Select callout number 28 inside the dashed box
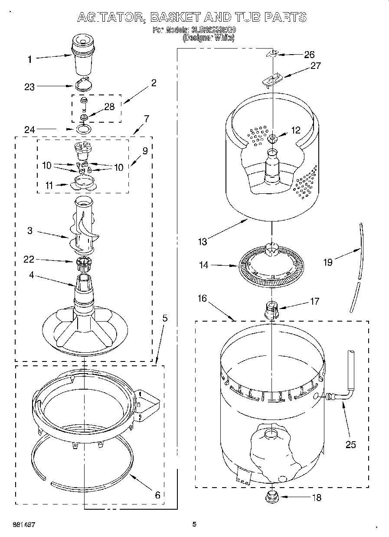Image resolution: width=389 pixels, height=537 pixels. click(109, 107)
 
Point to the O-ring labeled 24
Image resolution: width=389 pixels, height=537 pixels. click(84, 129)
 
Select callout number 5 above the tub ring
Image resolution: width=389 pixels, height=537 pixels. click(164, 318)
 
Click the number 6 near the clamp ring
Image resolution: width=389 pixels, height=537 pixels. click(157, 495)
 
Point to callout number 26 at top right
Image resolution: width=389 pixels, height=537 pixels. click(309, 55)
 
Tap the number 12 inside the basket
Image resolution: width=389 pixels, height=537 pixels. click(295, 130)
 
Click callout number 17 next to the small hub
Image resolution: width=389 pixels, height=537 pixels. click(315, 301)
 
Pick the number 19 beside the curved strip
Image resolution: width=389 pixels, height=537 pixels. click(328, 262)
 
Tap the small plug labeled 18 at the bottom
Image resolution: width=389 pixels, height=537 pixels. click(272, 496)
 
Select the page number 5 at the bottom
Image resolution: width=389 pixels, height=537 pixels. click(194, 524)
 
